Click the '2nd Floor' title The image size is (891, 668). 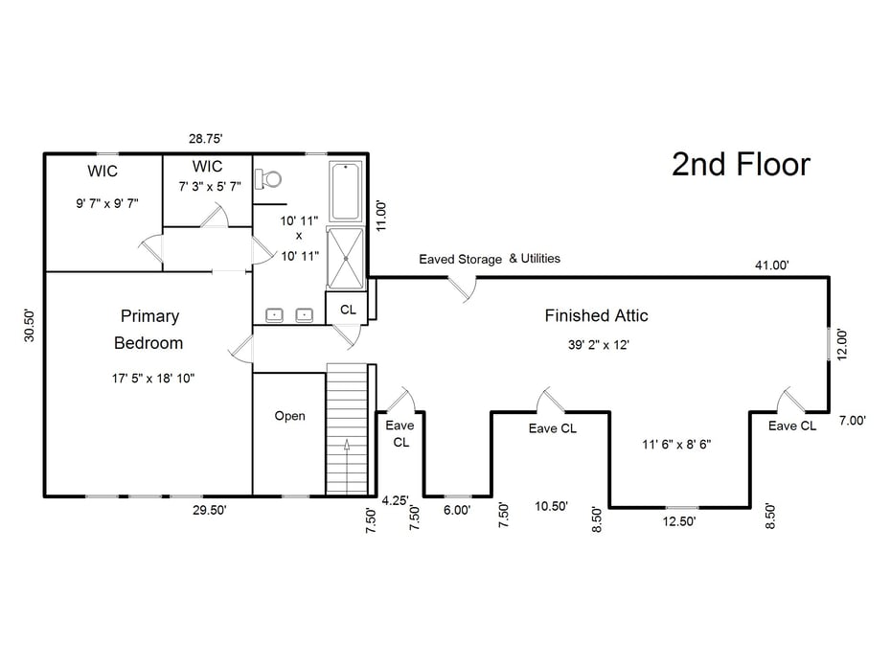click(x=740, y=165)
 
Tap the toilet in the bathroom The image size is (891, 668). click(x=270, y=178)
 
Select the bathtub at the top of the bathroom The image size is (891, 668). click(x=346, y=191)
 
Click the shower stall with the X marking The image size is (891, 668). click(x=346, y=257)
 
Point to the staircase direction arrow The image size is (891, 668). click(x=347, y=447)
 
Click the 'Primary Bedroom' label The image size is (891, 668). click(x=148, y=329)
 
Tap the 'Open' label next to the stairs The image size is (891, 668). click(x=289, y=416)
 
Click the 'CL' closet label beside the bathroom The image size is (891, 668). click(x=347, y=311)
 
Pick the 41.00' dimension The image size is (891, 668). click(x=772, y=265)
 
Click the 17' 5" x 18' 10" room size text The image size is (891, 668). click(x=153, y=379)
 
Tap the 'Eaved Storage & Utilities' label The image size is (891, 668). click(x=490, y=259)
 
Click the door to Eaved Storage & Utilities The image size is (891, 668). click(x=462, y=288)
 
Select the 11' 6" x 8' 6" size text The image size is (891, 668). click(x=676, y=444)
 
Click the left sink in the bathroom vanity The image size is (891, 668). click(x=274, y=314)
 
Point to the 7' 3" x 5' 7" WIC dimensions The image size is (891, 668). click(x=210, y=186)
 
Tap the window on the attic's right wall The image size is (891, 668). click(x=830, y=343)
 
